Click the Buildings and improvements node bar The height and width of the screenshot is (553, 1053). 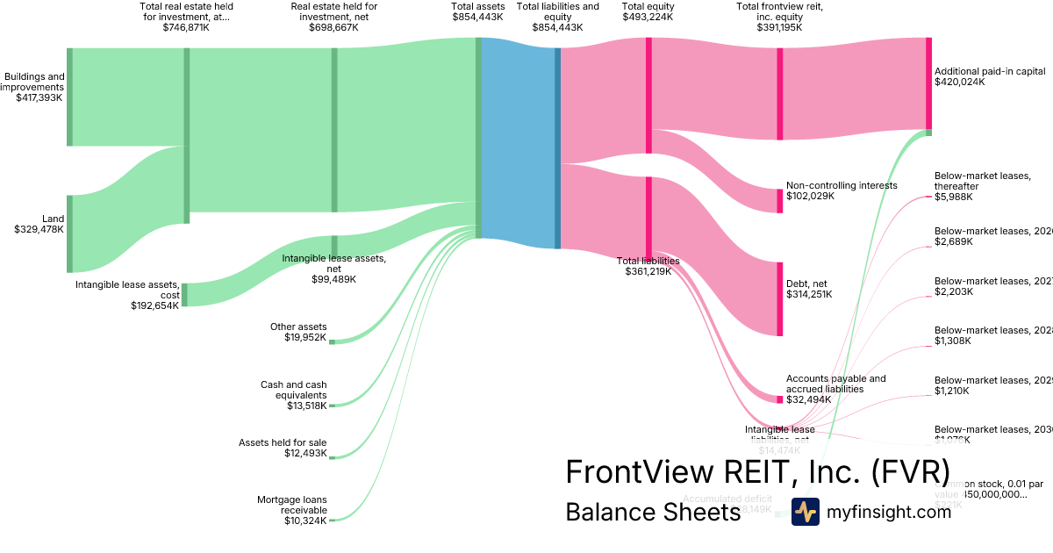(x=70, y=97)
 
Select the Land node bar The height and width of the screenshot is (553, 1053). (x=70, y=233)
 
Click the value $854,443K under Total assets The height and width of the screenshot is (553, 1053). (x=478, y=17)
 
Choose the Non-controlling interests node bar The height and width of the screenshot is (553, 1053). (x=779, y=200)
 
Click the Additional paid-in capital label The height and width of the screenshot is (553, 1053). (x=990, y=71)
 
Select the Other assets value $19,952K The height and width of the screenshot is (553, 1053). (x=305, y=337)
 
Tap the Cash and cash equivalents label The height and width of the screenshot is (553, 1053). (x=293, y=390)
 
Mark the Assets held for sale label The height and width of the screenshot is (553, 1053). (x=283, y=442)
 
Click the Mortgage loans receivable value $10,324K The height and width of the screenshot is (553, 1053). (x=305, y=521)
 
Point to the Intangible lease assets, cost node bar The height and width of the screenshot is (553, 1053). (x=184, y=295)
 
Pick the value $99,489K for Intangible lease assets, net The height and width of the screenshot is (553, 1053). (x=333, y=279)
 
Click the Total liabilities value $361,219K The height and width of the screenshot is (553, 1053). (x=648, y=271)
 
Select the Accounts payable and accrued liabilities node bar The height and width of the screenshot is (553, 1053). (x=779, y=399)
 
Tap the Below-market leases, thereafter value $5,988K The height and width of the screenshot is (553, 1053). (x=954, y=196)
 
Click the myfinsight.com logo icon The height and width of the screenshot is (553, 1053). (x=805, y=512)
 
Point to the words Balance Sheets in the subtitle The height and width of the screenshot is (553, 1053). (x=653, y=512)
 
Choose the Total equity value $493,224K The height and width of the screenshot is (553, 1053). (x=648, y=17)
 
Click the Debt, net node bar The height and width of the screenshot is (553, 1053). (x=779, y=298)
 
